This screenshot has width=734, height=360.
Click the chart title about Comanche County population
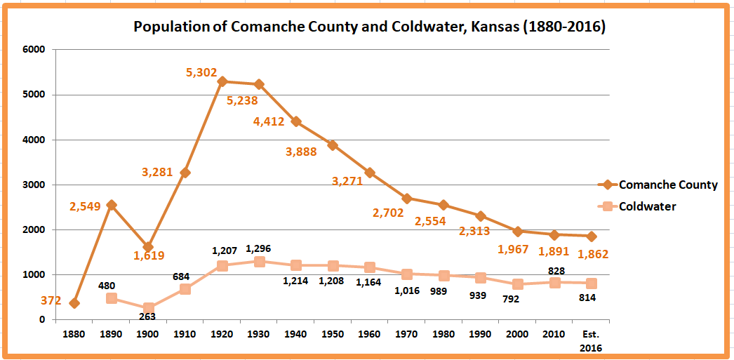click(x=370, y=27)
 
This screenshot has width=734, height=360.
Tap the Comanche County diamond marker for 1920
click(x=222, y=81)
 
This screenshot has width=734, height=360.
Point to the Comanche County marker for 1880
click(x=74, y=303)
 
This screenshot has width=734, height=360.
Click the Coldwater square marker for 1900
click(x=148, y=308)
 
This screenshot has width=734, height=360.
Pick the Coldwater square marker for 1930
click(x=259, y=262)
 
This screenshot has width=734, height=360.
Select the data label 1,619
click(x=149, y=256)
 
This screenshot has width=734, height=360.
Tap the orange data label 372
click(x=50, y=301)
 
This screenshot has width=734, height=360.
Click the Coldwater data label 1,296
click(x=259, y=248)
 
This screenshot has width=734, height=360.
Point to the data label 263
click(x=147, y=316)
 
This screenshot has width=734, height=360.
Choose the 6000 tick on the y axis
click(x=34, y=50)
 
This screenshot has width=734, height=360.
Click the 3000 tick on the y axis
click(x=34, y=185)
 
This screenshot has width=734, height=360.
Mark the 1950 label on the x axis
click(x=333, y=334)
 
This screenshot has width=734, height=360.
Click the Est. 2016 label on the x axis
click(x=592, y=340)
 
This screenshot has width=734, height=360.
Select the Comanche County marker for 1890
click(x=112, y=205)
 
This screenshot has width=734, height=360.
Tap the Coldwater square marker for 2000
click(x=518, y=284)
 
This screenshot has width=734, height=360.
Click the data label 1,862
click(x=592, y=254)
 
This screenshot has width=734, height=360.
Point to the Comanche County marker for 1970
click(x=407, y=199)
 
